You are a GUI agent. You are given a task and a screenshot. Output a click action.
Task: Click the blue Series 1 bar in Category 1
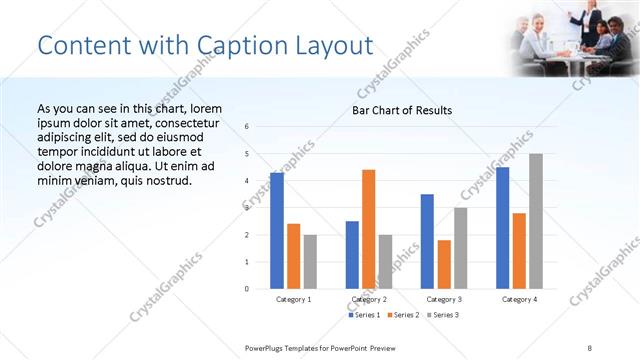[277, 231]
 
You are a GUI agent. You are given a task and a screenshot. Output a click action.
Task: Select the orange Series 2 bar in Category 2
[369, 229]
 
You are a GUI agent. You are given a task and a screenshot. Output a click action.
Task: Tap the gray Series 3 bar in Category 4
[536, 221]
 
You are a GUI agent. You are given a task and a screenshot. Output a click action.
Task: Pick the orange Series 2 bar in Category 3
[444, 264]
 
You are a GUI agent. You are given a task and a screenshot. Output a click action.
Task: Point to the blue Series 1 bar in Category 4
[502, 228]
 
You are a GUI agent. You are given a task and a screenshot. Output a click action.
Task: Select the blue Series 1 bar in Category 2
[352, 255]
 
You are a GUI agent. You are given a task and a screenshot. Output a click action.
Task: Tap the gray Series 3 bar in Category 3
[460, 248]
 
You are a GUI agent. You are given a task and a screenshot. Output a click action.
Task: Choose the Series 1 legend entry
[364, 315]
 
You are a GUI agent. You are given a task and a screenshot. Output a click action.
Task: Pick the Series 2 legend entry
[402, 315]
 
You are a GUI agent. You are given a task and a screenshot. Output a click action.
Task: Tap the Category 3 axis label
[443, 299]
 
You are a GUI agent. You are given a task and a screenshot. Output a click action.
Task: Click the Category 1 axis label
[293, 299]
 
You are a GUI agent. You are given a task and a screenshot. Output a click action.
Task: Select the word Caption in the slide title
[237, 45]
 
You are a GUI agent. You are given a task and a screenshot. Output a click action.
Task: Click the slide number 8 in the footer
[590, 347]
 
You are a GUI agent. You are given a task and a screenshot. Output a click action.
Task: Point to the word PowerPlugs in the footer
[268, 347]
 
